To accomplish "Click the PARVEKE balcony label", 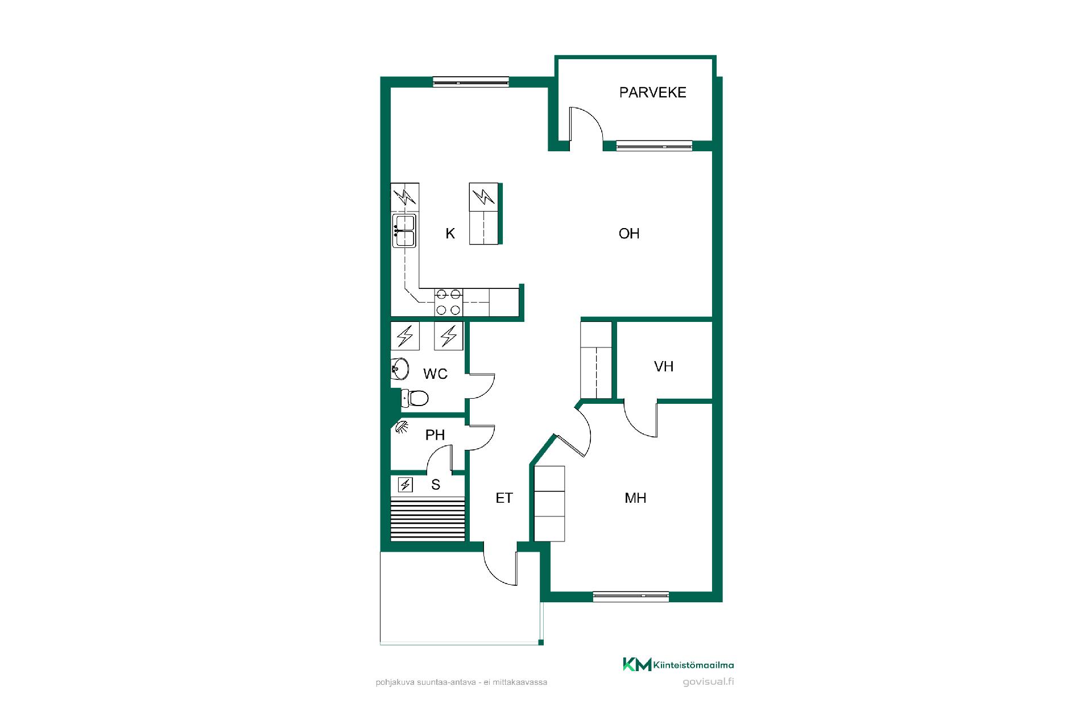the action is tap(652, 92).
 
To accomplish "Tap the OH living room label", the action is tap(629, 234).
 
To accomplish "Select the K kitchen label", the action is tap(450, 234).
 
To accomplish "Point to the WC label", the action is tap(435, 374).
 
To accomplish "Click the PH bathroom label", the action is tap(435, 435).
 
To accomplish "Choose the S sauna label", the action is tap(436, 485).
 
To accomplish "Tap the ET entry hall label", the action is tap(504, 498).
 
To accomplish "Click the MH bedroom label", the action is tap(635, 498).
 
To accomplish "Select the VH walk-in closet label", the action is tap(664, 366).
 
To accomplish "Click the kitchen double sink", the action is tap(404, 230).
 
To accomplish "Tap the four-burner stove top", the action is tap(448, 302).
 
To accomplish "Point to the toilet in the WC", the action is tap(415, 398).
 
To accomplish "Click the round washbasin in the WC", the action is tap(400, 369).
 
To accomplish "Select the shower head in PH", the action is tap(402, 427).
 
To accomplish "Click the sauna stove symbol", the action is tap(405, 485).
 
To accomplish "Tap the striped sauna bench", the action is tap(428, 518).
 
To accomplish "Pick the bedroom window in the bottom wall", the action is tap(631, 597).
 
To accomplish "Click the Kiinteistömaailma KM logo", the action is tap(678, 664).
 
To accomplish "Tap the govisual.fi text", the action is tap(708, 682).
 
